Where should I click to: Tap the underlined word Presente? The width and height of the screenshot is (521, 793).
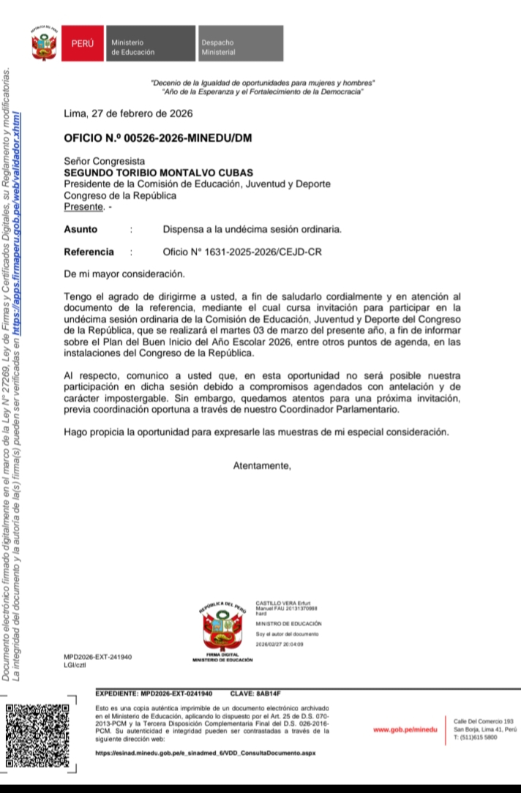coord(83,207)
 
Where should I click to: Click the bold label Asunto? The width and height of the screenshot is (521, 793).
coord(80,229)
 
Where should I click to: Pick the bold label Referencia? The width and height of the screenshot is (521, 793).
coord(89,252)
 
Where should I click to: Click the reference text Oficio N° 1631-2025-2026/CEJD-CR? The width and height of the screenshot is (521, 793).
coord(241,252)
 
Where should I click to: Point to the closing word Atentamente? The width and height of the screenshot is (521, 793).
coord(262,465)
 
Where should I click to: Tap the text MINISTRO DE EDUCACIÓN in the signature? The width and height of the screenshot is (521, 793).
coord(288,623)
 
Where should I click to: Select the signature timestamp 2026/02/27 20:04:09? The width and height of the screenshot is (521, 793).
coord(280,644)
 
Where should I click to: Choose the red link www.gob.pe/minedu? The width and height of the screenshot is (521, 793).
coord(405,729)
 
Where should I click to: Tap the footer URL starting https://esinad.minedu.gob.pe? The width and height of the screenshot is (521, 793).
coord(206,752)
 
